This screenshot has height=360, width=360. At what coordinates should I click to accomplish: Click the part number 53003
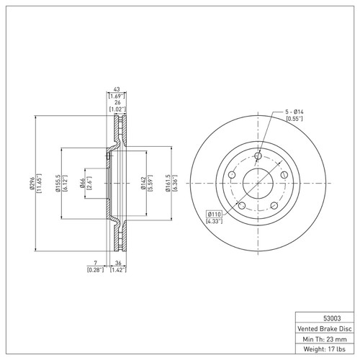point(332,318)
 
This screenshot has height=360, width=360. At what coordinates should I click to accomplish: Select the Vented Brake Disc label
point(325,328)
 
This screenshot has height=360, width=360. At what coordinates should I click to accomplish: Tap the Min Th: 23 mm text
point(325,339)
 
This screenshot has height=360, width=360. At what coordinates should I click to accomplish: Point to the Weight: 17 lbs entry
point(325,348)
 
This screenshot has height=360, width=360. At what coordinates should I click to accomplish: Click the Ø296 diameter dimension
point(32,184)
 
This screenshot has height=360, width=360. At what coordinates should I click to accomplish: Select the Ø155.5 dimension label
point(58,184)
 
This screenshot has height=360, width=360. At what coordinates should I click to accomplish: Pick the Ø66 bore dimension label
point(82,183)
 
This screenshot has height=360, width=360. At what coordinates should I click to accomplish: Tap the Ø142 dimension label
point(143,183)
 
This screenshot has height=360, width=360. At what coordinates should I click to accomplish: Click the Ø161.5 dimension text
point(168,183)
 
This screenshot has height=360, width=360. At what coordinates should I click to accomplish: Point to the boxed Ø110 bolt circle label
point(214,214)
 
